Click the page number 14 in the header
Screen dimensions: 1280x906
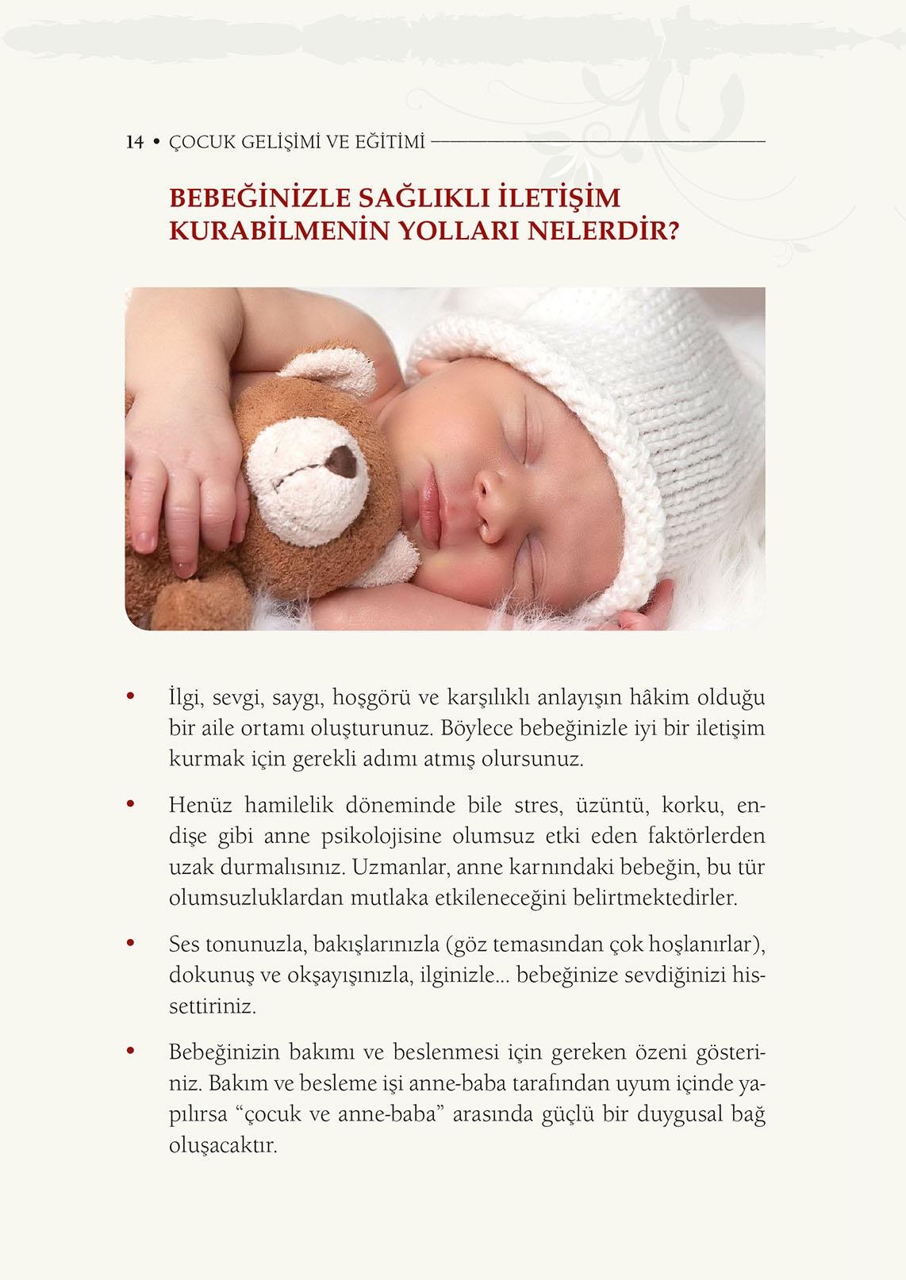tap(134, 142)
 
